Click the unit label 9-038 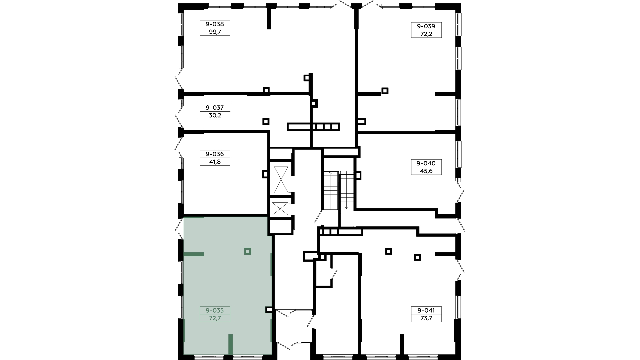click(x=215, y=24)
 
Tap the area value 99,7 click(x=215, y=32)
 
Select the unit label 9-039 click(x=426, y=26)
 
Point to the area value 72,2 click(x=426, y=34)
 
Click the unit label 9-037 click(x=215, y=108)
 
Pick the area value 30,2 click(x=215, y=116)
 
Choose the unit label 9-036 click(x=215, y=154)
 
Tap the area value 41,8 click(x=215, y=162)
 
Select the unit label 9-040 click(x=426, y=163)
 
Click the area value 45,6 click(x=426, y=171)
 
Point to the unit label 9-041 click(x=426, y=310)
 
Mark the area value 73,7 click(x=426, y=318)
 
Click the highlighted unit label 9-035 click(x=215, y=310)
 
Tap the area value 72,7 click(x=215, y=318)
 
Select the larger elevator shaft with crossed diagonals click(x=281, y=180)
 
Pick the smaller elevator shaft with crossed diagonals click(x=280, y=209)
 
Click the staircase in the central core click(x=339, y=191)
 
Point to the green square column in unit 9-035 click(x=248, y=251)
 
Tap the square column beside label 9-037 click(x=266, y=121)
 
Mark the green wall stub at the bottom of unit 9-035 click(x=230, y=344)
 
